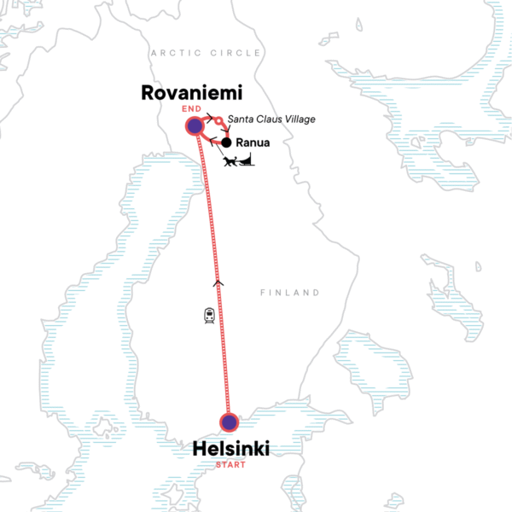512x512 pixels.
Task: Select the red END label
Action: (194, 108)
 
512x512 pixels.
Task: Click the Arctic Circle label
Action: (206, 53)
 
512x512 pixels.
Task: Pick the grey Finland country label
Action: (290, 293)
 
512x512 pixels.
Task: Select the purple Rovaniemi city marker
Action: (195, 126)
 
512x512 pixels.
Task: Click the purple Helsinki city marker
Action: (228, 422)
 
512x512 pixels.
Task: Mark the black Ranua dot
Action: (227, 143)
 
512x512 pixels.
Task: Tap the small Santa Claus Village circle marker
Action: (219, 121)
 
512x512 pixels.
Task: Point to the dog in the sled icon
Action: (228, 161)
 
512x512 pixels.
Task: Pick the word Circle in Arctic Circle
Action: (233, 53)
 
